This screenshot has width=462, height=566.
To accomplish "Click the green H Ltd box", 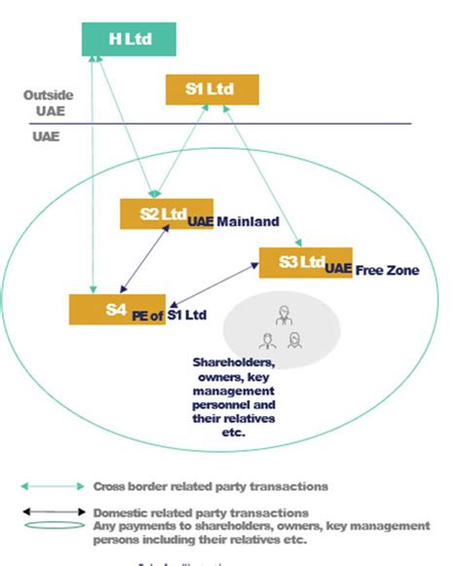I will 129,38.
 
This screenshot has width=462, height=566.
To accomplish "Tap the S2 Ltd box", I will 153,213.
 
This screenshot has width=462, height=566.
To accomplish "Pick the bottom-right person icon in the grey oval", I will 294,339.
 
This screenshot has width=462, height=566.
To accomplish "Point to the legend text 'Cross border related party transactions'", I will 209,485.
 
